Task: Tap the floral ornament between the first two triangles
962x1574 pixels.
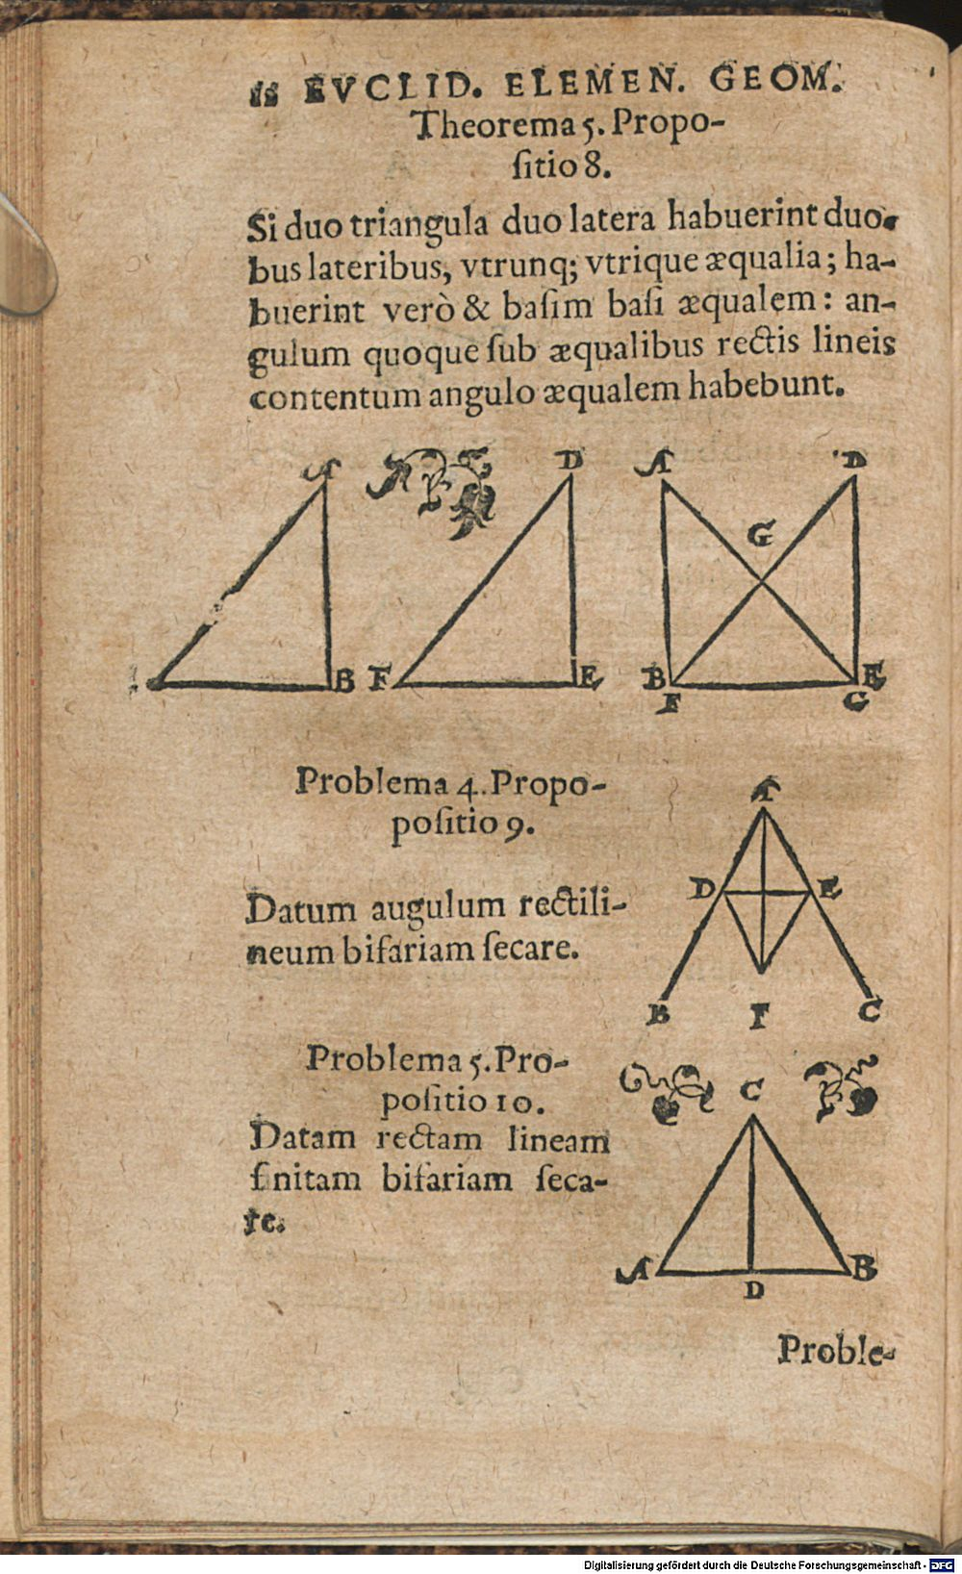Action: (x=436, y=492)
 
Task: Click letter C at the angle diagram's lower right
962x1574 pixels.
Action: (x=869, y=1011)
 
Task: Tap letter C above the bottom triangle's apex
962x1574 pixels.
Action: (x=751, y=1090)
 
